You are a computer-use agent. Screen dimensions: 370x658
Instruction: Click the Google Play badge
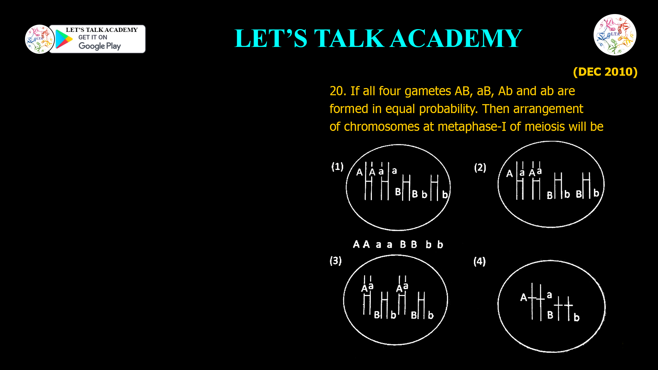tap(98, 39)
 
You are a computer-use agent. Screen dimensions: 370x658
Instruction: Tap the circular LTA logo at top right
tap(615, 35)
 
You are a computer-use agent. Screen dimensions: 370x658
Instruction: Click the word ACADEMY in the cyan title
tap(456, 38)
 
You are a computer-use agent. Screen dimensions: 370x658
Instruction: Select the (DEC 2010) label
tap(605, 72)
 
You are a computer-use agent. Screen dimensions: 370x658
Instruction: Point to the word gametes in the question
tap(428, 91)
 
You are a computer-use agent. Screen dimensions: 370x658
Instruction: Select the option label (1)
tap(337, 167)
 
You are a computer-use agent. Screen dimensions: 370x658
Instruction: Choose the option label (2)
tap(480, 168)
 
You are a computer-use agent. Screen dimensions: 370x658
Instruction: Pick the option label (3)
tap(336, 261)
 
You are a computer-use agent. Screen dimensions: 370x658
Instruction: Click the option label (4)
tap(479, 261)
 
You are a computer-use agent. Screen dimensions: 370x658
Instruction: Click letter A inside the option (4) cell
tap(523, 297)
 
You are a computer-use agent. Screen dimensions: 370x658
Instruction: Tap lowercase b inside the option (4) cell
tap(576, 318)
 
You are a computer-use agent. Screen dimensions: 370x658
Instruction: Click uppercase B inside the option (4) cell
tap(550, 315)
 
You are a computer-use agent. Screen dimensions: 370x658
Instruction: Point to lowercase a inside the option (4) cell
tap(549, 295)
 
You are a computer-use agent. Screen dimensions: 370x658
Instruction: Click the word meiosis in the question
tap(545, 127)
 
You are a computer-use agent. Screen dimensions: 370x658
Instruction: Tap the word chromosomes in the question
tap(381, 127)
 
